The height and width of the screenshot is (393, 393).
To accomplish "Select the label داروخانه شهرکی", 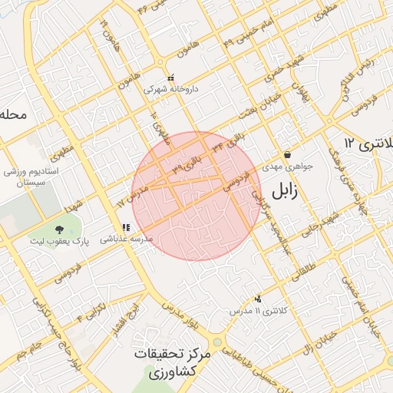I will point(172,90).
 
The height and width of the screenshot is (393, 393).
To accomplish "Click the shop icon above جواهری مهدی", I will point(287,154).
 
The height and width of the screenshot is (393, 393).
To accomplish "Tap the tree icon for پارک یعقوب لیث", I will point(60,229).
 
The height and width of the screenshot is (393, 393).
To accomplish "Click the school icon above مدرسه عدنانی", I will point(126,227).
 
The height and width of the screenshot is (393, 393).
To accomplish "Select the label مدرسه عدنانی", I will point(127,239).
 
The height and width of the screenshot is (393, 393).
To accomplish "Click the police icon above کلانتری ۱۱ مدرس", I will point(258,299).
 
